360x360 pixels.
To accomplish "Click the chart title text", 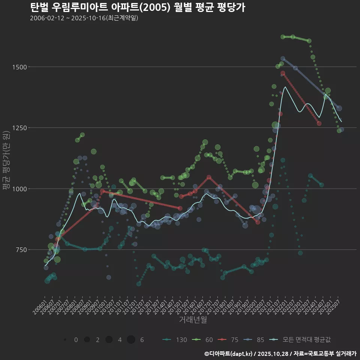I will pyautogui.click(x=137, y=7).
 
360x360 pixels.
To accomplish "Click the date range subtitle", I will pyautogui.click(x=84, y=18).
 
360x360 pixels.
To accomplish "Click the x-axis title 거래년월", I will pyautogui.click(x=193, y=319).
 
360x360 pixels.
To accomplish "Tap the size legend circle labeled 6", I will pyautogui.click(x=131, y=340).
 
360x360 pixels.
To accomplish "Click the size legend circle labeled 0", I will pyautogui.click(x=65, y=340).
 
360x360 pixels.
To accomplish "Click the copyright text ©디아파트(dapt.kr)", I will pyautogui.click(x=228, y=353).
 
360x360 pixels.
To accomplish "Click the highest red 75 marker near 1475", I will pyautogui.click(x=283, y=73).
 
